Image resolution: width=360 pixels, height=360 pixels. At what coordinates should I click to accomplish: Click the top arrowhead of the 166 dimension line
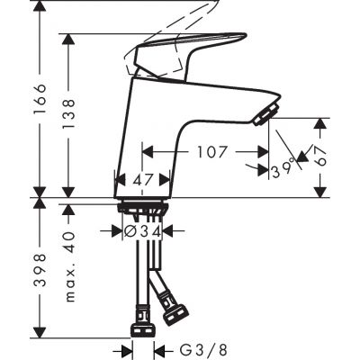click(39, 5)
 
